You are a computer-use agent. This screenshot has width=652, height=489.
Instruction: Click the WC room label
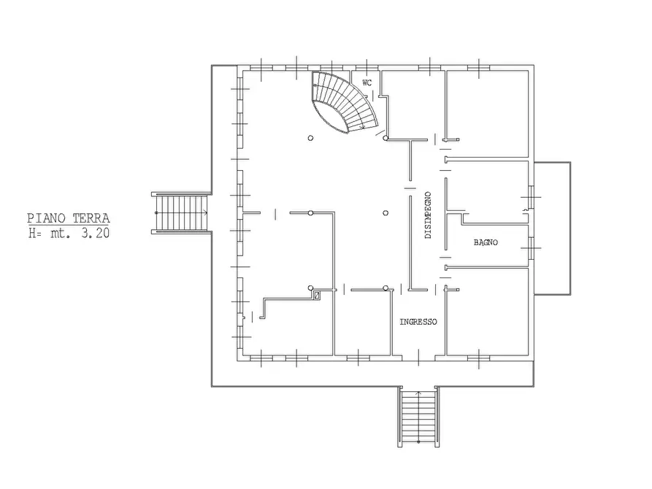(x=367, y=82)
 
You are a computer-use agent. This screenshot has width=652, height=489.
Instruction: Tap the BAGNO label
(x=486, y=242)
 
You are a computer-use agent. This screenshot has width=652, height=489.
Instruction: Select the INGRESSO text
(x=418, y=322)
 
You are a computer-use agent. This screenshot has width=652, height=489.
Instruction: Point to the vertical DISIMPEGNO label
(x=429, y=215)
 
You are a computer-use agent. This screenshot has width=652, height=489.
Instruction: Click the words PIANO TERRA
(x=69, y=218)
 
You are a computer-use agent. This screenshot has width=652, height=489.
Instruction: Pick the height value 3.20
(x=96, y=233)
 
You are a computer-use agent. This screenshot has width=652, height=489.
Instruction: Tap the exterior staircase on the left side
(x=181, y=213)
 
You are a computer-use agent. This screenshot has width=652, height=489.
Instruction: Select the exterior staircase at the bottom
(x=418, y=417)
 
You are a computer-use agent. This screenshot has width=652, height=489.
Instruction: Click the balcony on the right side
(x=552, y=228)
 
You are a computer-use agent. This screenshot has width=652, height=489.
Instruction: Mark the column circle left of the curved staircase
(x=310, y=138)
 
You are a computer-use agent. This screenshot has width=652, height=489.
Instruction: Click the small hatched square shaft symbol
(x=318, y=296)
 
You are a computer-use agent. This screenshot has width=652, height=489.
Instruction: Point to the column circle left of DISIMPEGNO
(x=386, y=213)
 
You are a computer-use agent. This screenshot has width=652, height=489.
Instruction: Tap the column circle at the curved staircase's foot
(x=386, y=138)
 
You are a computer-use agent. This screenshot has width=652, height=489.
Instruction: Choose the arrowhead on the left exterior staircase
(x=205, y=213)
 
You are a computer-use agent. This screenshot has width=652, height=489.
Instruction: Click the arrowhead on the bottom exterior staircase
(x=418, y=393)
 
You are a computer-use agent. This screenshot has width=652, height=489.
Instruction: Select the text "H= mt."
(x=47, y=233)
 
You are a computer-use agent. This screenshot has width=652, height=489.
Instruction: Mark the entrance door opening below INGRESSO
(x=419, y=358)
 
